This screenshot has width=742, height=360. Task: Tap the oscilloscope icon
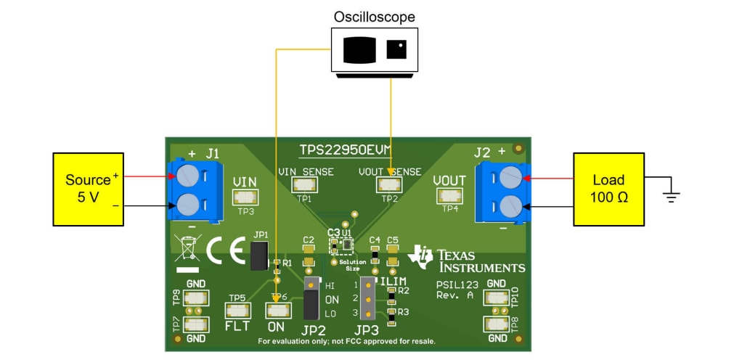tap(375, 49)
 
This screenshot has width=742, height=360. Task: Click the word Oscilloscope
tap(375, 16)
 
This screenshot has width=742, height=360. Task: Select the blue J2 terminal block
tap(502, 192)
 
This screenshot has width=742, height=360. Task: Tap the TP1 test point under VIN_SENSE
tap(304, 185)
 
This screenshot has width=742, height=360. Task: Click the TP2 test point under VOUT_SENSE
tap(389, 185)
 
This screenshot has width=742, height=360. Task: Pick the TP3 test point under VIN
tap(245, 196)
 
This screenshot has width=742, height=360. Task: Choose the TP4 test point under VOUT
tap(450, 196)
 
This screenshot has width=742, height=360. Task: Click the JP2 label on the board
tap(314, 330)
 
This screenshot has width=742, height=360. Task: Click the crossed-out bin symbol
tap(187, 249)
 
